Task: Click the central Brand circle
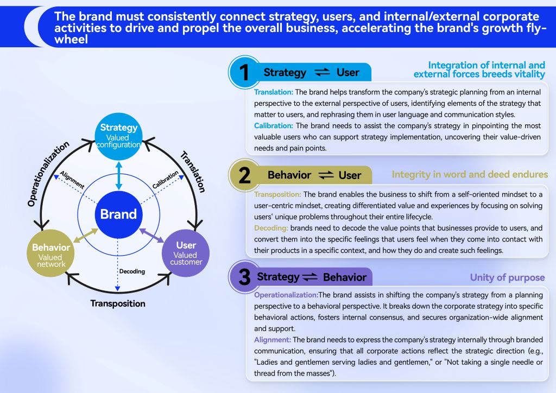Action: pyautogui.click(x=118, y=214)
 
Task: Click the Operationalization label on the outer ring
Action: pyautogui.click(x=48, y=174)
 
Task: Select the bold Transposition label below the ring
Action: pyautogui.click(x=118, y=303)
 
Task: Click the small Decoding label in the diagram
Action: pyautogui.click(x=132, y=271)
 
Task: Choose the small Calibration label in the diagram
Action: pyautogui.click(x=165, y=180)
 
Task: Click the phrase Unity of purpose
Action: pyautogui.click(x=507, y=278)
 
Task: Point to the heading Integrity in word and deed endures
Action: pyautogui.click(x=470, y=175)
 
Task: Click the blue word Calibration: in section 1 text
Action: pyautogui.click(x=274, y=125)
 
